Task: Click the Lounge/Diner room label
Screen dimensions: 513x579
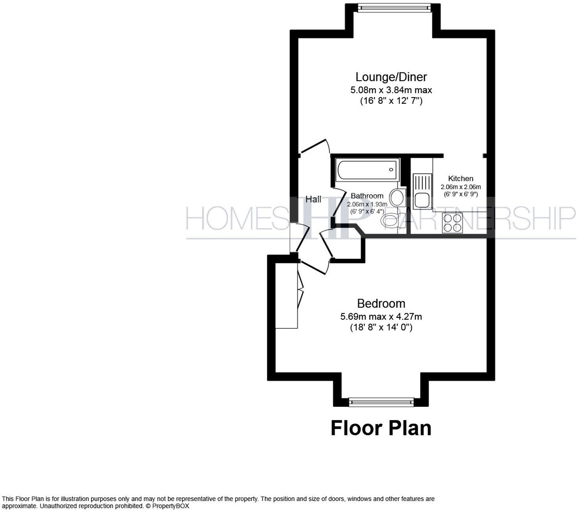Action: click(391, 77)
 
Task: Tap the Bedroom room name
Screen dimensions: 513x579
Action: click(381, 303)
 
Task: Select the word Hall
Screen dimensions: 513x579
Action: click(313, 199)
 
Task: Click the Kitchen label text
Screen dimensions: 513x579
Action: click(461, 179)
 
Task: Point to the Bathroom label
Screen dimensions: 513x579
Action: click(367, 196)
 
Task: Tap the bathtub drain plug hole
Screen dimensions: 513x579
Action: click(391, 170)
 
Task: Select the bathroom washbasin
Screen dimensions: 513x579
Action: click(398, 197)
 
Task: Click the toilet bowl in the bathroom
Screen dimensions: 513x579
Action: click(390, 221)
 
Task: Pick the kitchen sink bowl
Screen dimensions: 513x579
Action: click(422, 199)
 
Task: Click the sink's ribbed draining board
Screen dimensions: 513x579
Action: click(422, 182)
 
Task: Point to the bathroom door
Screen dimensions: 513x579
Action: click(338, 205)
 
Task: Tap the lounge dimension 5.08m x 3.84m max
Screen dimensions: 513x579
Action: click(391, 90)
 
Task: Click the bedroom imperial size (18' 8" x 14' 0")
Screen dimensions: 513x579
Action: click(381, 327)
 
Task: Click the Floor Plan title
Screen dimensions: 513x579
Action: click(381, 428)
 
